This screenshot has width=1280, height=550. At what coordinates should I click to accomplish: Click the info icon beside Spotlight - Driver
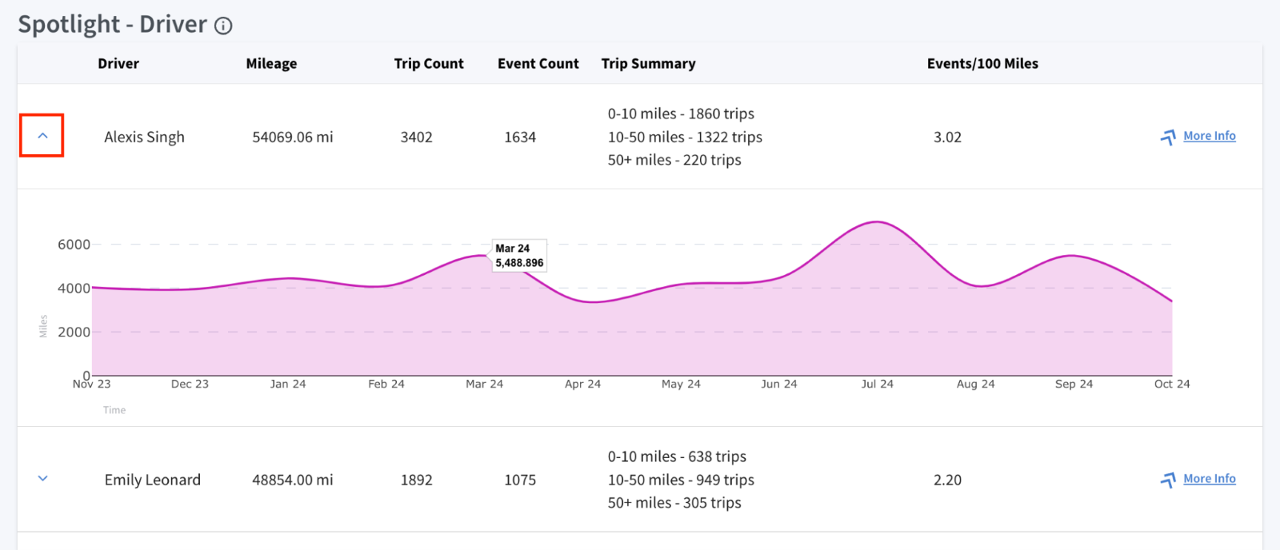pos(223,26)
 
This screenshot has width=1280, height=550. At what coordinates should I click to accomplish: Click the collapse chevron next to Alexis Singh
pos(42,136)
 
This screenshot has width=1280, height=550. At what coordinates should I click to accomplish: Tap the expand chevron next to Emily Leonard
pos(42,479)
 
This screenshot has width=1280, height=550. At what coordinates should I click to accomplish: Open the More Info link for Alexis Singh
pos(1209,136)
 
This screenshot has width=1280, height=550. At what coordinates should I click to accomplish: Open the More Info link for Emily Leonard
pos(1209,479)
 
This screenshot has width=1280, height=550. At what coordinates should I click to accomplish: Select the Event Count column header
pos(538,63)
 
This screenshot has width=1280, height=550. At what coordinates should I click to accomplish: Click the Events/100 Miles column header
pos(982,63)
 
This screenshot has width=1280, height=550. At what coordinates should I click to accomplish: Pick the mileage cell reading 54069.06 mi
pos(293,137)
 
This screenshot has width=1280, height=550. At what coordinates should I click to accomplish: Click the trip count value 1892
pos(416,480)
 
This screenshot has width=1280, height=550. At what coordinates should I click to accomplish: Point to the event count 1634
pos(519,137)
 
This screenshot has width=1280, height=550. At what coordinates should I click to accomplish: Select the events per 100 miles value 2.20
pos(947,480)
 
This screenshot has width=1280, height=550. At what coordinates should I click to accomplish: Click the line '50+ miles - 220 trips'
pos(674,160)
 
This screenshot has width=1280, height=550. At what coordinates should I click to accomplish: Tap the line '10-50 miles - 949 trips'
pos(681,480)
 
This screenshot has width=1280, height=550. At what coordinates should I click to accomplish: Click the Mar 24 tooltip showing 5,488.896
pos(519,255)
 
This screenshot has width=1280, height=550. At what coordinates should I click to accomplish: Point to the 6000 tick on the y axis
pos(74,245)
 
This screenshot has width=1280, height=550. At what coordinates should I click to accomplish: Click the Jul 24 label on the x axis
pos(877,384)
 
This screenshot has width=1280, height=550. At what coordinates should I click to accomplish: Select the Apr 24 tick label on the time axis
pos(582,384)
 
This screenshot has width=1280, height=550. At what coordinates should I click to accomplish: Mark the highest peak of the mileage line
pos(877,221)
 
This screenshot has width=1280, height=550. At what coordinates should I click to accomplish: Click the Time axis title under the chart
pos(114,410)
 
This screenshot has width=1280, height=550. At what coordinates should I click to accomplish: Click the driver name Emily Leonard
pos(153,480)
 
